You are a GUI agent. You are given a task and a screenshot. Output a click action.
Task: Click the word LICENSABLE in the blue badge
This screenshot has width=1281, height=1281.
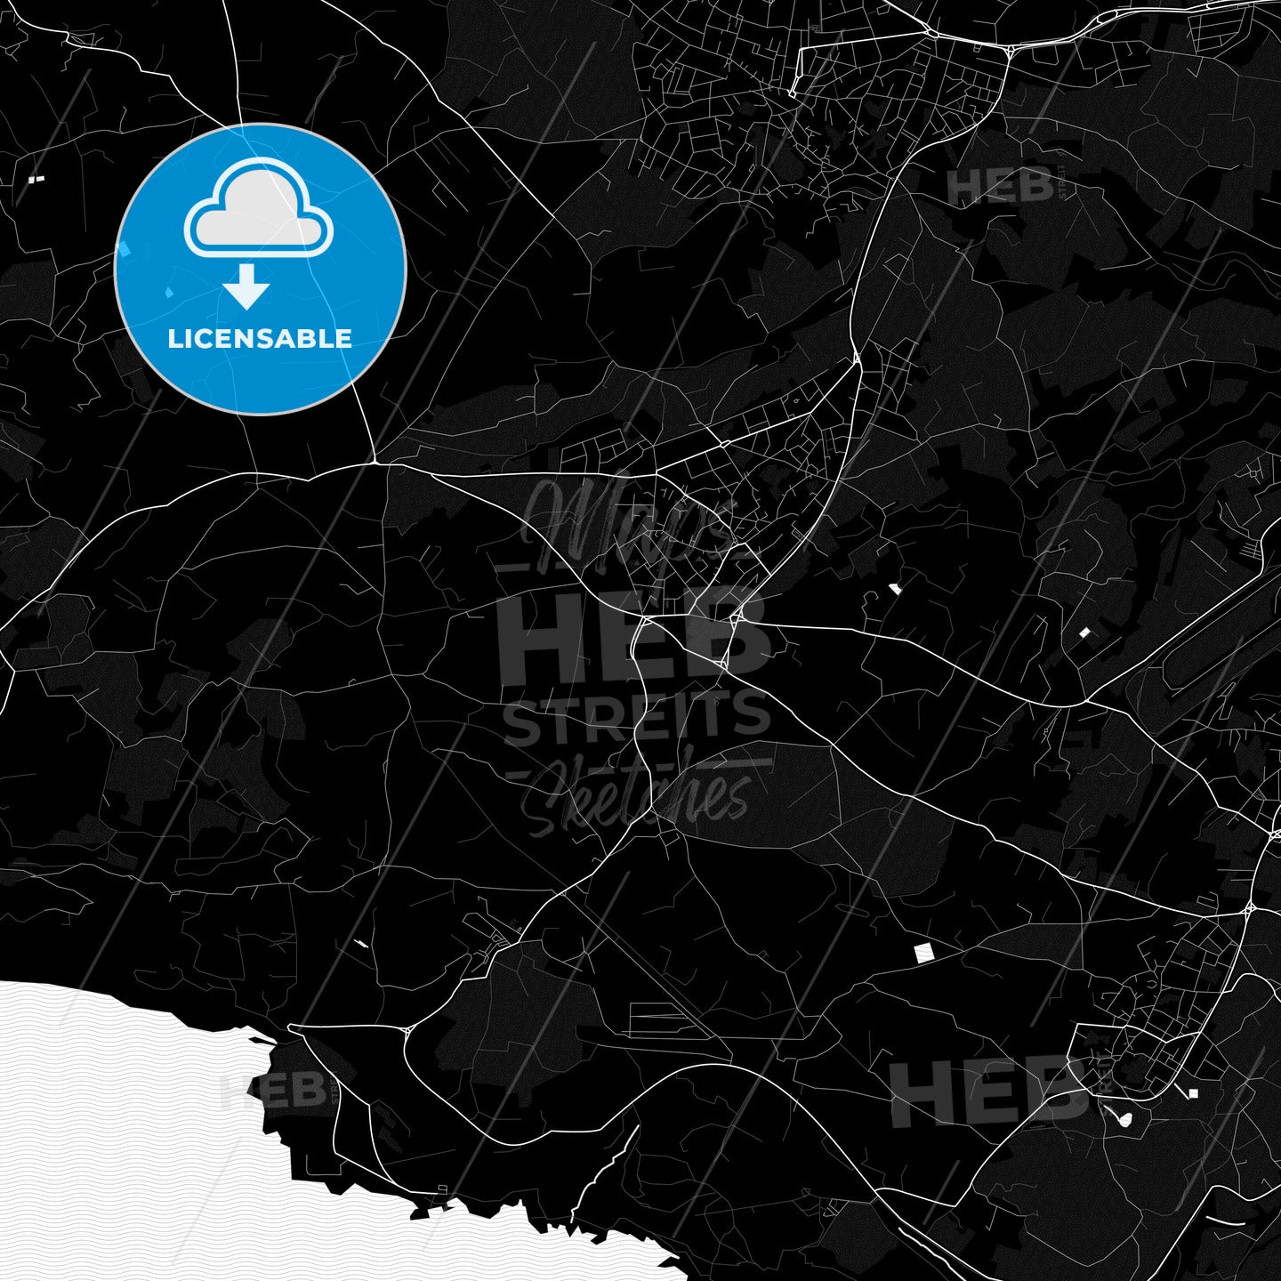260,339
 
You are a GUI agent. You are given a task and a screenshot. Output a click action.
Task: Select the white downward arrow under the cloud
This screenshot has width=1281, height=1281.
246,287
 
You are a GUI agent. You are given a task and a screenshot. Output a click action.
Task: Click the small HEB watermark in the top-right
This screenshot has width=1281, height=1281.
1000,187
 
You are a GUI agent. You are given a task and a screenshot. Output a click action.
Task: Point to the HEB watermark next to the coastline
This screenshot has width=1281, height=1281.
272,1090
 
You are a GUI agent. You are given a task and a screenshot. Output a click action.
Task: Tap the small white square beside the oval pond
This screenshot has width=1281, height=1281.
1193,1093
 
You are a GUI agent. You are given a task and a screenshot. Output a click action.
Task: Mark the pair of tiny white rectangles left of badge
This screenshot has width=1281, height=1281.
36,180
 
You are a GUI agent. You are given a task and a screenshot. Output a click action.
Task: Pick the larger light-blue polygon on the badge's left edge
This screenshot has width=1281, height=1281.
124,250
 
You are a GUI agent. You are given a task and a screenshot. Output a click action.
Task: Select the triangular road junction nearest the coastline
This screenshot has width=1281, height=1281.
407,1031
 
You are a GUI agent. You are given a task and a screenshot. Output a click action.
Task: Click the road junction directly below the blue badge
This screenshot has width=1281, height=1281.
375,462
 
